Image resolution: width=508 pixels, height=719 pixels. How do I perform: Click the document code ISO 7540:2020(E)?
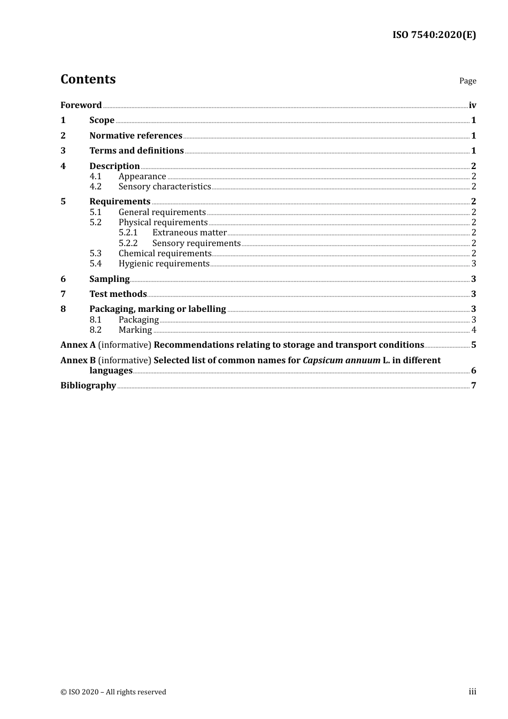click(x=434, y=35)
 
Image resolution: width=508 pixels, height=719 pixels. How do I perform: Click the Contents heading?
click(x=88, y=79)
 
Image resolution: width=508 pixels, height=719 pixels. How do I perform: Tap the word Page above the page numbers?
click(x=467, y=81)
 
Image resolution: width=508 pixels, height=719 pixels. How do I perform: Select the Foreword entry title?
click(x=81, y=105)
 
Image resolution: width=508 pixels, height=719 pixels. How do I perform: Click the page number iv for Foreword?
click(x=472, y=105)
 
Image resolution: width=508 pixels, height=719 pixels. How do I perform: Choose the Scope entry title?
click(x=102, y=120)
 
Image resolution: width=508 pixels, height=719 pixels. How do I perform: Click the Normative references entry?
click(x=136, y=135)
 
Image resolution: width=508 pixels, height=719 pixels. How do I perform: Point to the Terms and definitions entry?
click(x=136, y=150)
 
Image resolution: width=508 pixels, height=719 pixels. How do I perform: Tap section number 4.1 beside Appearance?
click(x=95, y=176)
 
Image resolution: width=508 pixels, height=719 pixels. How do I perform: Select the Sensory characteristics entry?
click(x=165, y=186)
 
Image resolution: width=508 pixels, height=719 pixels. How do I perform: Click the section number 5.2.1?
click(x=128, y=232)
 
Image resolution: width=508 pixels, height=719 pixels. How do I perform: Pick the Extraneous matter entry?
click(x=189, y=232)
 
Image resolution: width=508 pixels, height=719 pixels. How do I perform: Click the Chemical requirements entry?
click(x=165, y=253)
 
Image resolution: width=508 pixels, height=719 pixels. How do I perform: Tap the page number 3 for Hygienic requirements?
click(x=474, y=263)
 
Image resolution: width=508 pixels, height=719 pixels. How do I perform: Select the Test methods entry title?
click(x=118, y=294)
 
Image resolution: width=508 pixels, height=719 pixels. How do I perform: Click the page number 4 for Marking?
click(x=474, y=330)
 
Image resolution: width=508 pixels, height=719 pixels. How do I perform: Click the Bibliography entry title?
click(x=88, y=385)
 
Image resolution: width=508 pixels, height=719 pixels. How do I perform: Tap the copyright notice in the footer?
click(x=113, y=692)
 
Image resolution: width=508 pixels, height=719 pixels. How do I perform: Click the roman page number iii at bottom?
click(x=472, y=692)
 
